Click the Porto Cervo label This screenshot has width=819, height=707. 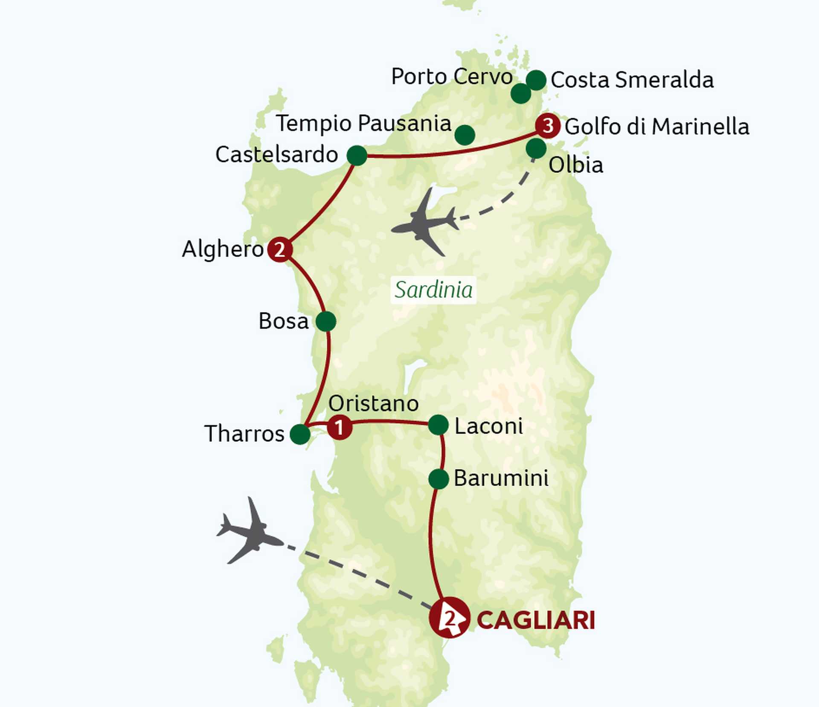coord(452,77)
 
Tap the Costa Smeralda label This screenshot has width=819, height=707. coord(632,80)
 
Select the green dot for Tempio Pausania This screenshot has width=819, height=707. coord(465,135)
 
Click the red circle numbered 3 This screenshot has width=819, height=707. coord(548,126)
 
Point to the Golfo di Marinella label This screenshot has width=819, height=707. coord(657,127)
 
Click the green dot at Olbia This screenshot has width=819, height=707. coord(536,148)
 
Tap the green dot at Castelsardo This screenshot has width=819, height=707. coord(357,155)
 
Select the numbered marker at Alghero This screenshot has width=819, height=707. coord(280,249)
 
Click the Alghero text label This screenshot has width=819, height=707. coord(223,249)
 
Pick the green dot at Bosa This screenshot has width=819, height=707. coord(326,322)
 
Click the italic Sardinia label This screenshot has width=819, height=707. coord(433,290)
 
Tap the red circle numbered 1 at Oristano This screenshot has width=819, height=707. coord(340,427)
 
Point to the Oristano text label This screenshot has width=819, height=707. coord(374,403)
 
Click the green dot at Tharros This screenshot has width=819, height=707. coord(300,435)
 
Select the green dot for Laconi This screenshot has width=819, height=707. coord(438,425)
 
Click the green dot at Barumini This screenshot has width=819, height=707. coord(439,479)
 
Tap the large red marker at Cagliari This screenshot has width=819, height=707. coord(450,618)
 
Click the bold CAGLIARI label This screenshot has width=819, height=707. coord(536,620)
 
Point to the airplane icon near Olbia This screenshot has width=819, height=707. coord(424,223)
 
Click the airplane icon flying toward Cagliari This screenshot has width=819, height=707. coord(249,531)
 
